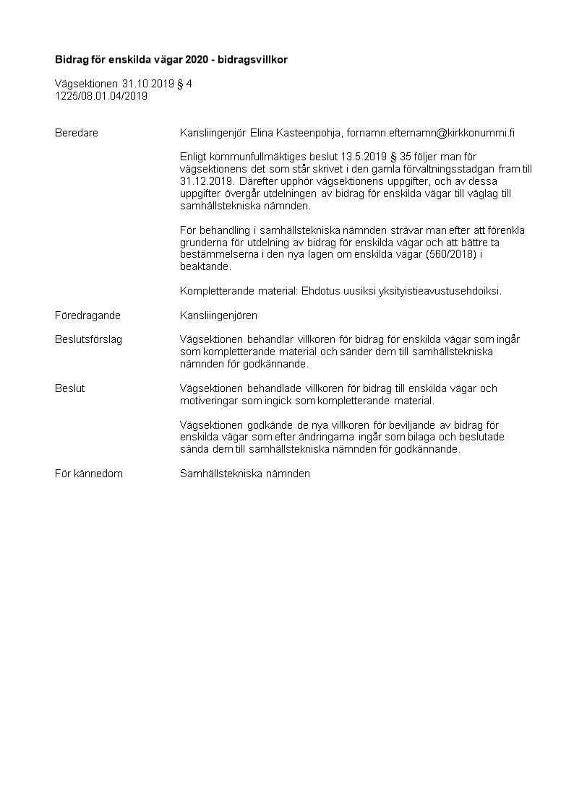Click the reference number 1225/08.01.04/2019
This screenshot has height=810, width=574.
pyautogui.click(x=101, y=95)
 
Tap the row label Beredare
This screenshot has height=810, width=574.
pyautogui.click(x=77, y=133)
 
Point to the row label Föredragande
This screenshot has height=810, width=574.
pyautogui.click(x=87, y=315)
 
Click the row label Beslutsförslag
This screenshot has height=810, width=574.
pyautogui.click(x=88, y=339)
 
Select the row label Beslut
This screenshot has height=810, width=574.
pyautogui.click(x=70, y=388)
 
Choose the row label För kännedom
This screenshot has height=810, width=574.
pyautogui.click(x=89, y=474)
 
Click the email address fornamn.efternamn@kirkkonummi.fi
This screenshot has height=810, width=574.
pyautogui.click(x=431, y=133)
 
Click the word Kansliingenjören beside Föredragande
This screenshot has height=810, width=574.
pyautogui.click(x=218, y=315)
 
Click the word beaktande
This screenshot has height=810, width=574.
pyautogui.click(x=205, y=266)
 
